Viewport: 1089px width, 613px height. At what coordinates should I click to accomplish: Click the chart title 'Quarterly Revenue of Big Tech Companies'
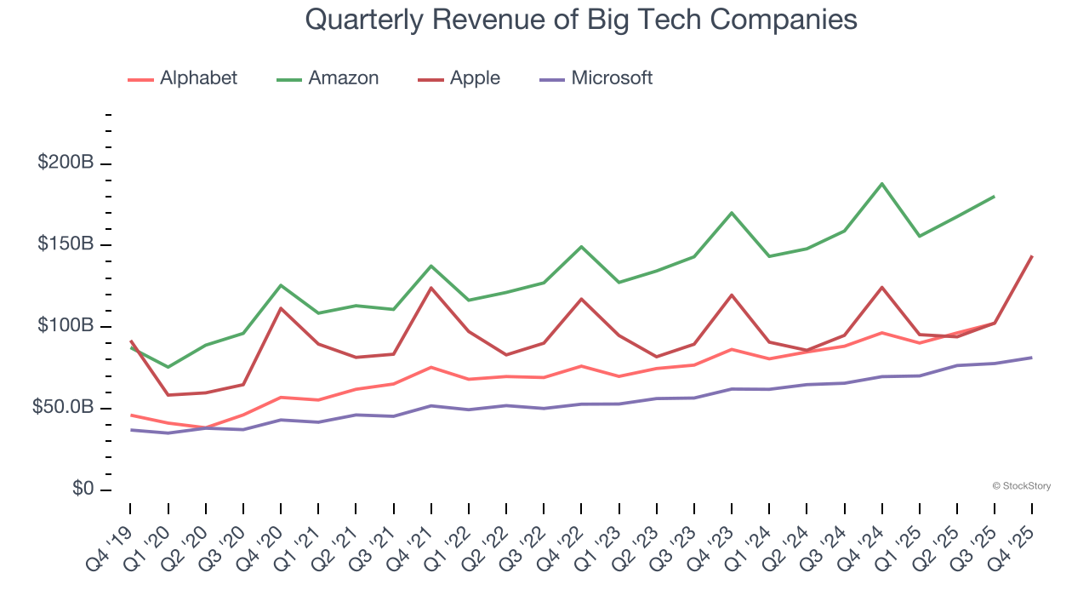(x=580, y=19)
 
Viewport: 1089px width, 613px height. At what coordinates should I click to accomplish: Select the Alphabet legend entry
(x=182, y=78)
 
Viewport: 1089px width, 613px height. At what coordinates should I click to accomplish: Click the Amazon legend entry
(x=328, y=78)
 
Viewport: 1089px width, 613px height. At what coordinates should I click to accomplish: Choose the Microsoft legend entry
(x=596, y=78)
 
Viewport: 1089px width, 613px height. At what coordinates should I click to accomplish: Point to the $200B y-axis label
(x=66, y=163)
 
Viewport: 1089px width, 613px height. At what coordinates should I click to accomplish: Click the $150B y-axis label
(x=66, y=245)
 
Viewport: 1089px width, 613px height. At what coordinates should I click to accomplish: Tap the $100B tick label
(x=66, y=327)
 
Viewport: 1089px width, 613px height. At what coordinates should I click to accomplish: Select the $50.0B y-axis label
(x=62, y=409)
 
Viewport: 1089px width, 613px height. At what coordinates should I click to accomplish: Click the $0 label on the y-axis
(x=83, y=490)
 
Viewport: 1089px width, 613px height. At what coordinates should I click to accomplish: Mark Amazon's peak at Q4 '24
(x=882, y=184)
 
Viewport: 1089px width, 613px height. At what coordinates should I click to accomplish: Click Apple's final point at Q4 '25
(x=1032, y=256)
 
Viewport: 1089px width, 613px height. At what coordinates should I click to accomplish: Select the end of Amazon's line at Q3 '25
(x=995, y=197)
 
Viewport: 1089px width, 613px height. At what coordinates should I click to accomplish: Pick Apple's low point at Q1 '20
(x=168, y=395)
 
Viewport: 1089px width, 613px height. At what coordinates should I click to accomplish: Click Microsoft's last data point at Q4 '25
(x=1032, y=358)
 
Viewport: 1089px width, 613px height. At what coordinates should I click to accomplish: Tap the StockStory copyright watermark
(x=1021, y=486)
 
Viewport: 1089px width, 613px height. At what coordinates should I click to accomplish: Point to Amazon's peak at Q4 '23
(x=732, y=213)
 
